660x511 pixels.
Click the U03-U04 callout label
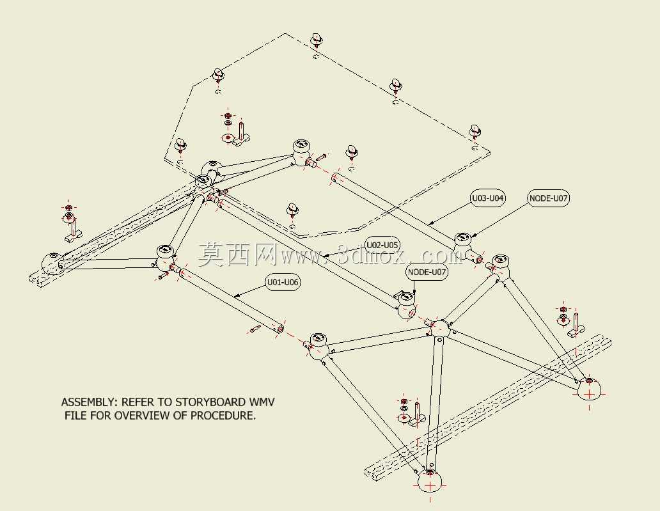click(487, 198)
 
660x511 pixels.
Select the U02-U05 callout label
click(382, 245)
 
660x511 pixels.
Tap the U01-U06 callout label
click(283, 282)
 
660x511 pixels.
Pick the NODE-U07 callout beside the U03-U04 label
click(549, 198)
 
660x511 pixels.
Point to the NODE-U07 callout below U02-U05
click(427, 272)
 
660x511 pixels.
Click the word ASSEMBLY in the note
click(90, 402)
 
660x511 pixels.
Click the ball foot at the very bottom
click(430, 482)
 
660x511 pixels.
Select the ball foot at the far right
click(589, 389)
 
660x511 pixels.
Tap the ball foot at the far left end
click(52, 263)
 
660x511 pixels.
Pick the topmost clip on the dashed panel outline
click(317, 40)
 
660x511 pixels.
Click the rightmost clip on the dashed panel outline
click(475, 131)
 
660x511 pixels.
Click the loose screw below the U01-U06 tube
click(255, 329)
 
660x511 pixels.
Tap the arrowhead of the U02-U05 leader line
click(326, 255)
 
